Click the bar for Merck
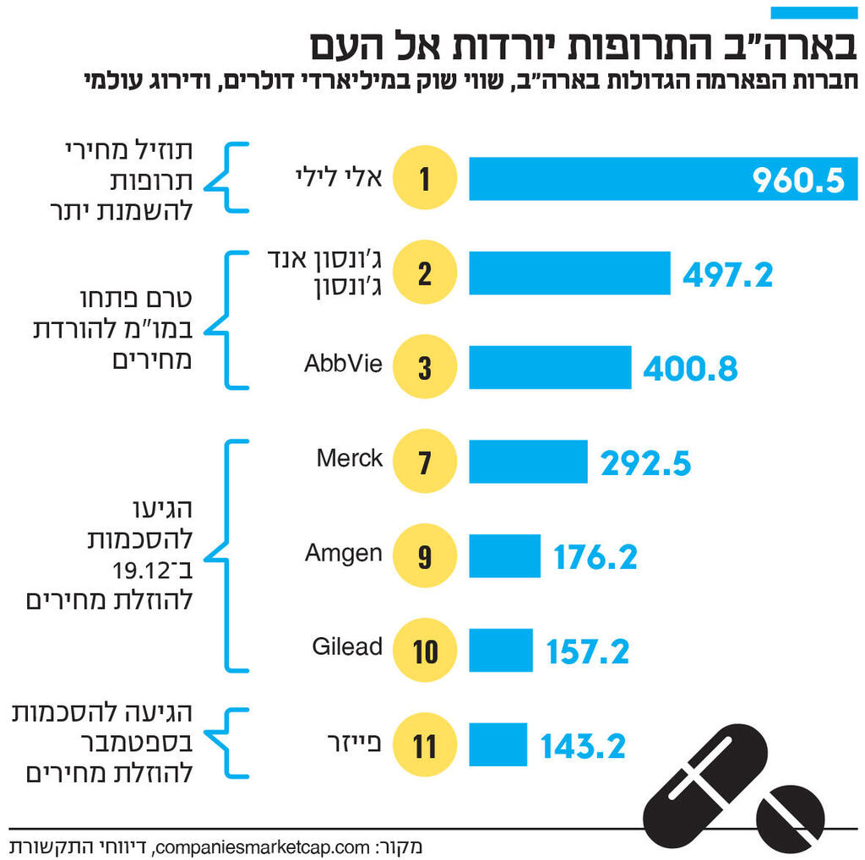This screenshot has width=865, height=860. (528, 462)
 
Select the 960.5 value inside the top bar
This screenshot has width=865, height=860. (798, 180)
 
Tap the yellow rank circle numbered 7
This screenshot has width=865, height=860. (424, 462)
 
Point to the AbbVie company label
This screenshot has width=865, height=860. (343, 365)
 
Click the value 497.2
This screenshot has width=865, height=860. (727, 274)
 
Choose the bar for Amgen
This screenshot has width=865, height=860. (504, 556)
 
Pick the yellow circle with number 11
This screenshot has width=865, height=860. (424, 745)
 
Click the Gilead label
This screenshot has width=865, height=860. (347, 647)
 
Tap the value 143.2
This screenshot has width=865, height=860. (583, 746)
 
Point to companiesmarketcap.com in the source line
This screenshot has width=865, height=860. (260, 846)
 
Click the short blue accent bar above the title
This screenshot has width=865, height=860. (813, 13)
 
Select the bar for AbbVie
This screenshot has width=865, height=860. (550, 367)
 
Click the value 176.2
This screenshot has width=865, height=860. (596, 557)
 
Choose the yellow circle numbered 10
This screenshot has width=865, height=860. (424, 650)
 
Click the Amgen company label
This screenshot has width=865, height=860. (344, 553)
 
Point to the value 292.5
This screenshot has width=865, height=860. (645, 463)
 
